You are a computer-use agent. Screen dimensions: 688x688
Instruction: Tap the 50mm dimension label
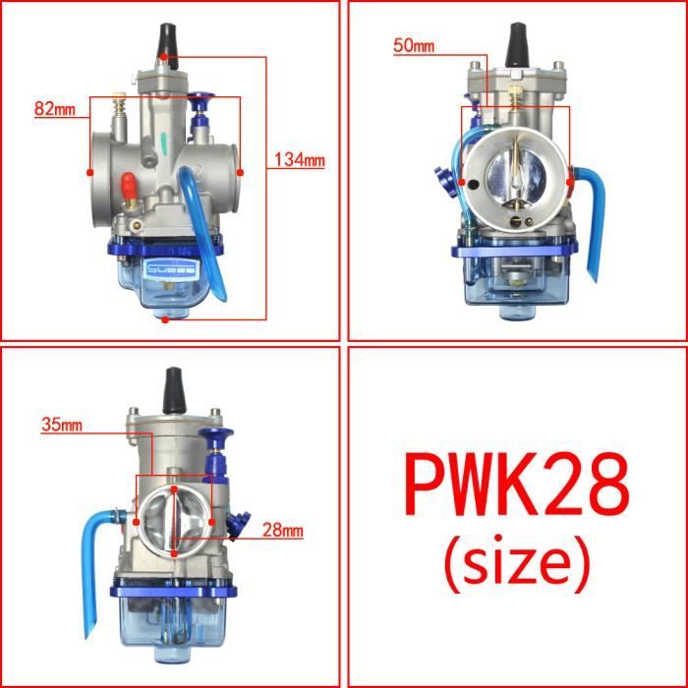(x=413, y=46)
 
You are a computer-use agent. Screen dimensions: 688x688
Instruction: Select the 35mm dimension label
(x=62, y=426)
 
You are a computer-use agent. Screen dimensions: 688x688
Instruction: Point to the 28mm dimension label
(x=283, y=531)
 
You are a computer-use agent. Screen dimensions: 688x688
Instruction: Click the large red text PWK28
(x=515, y=488)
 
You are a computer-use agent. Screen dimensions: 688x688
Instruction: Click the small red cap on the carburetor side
(x=128, y=185)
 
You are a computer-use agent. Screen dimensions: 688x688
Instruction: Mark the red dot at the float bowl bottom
(x=165, y=318)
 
